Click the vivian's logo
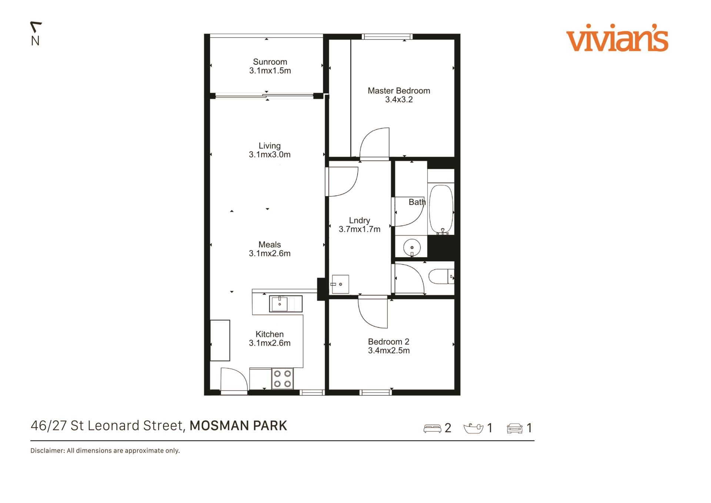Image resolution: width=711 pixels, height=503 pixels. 617,38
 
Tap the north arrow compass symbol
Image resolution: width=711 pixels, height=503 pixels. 36,33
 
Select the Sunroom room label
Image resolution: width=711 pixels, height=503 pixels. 270,62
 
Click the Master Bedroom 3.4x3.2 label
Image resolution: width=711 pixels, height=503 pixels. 399,95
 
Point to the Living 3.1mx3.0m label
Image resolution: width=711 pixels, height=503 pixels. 270,150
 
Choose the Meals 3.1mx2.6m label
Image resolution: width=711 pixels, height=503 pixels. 270,249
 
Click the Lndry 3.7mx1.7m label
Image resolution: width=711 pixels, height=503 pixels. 360,225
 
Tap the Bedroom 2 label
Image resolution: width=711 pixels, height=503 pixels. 389,342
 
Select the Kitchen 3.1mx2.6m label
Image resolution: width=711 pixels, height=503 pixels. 270,339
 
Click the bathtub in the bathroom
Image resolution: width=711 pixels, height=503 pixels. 441,209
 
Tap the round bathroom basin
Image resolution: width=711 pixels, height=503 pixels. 412,247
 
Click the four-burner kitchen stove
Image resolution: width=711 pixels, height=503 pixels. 282,378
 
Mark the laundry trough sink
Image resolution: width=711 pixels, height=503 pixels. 340,284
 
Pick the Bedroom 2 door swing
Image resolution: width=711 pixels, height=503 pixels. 373,313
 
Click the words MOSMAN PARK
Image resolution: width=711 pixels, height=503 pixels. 238,426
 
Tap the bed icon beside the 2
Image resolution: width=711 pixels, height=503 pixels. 432,428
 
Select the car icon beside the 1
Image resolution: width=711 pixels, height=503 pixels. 515,428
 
